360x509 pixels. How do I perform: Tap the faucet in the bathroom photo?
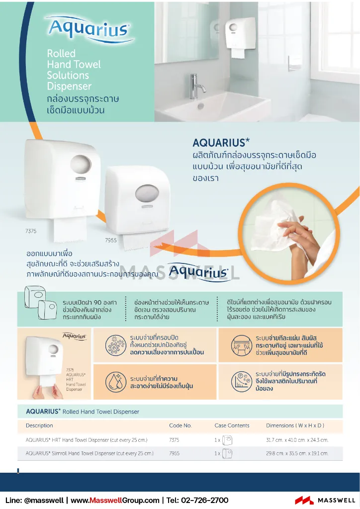point(197,85)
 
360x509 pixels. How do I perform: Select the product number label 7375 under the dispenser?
point(31,231)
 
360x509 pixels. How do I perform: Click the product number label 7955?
point(111,240)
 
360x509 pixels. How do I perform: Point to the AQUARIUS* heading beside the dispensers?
point(221,143)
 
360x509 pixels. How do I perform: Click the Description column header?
point(39,425)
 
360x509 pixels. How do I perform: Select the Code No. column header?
point(180,425)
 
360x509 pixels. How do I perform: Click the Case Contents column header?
point(232,425)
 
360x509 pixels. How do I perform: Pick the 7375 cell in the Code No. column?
point(174,440)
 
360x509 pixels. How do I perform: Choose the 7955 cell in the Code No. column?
point(174,453)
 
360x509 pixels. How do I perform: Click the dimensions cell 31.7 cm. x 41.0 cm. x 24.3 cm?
point(297,440)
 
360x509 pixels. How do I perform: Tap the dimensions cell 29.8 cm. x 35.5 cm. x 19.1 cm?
point(297,453)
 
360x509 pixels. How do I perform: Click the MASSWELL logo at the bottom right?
point(325,500)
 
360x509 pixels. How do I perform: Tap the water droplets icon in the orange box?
point(115,382)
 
